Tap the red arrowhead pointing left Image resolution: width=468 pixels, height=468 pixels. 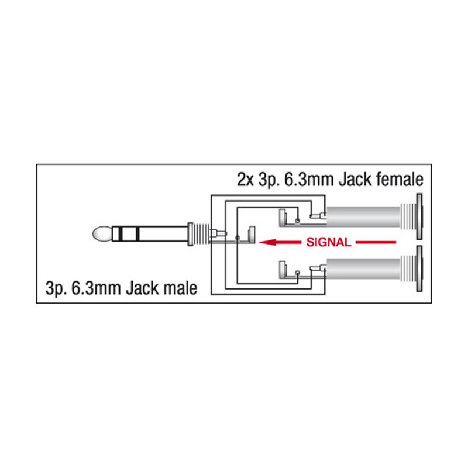coord(266,242)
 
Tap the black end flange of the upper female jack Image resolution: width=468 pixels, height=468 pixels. coord(419,216)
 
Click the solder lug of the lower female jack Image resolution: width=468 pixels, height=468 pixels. coord(283,271)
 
